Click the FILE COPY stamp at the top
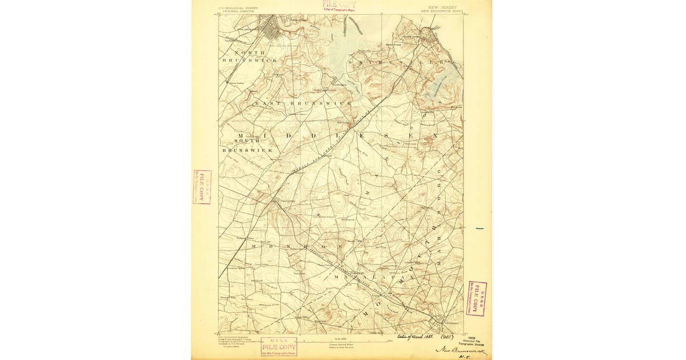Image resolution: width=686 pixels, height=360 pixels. tap(338, 6)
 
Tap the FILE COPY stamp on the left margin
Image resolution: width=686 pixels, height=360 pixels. tap(202, 187)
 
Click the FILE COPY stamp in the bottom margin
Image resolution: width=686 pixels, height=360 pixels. tap(279, 347)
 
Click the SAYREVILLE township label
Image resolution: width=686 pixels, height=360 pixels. tap(400, 61)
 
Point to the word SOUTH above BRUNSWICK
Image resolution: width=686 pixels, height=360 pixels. tap(248, 141)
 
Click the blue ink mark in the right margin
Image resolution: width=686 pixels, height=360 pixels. tap(479, 229)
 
